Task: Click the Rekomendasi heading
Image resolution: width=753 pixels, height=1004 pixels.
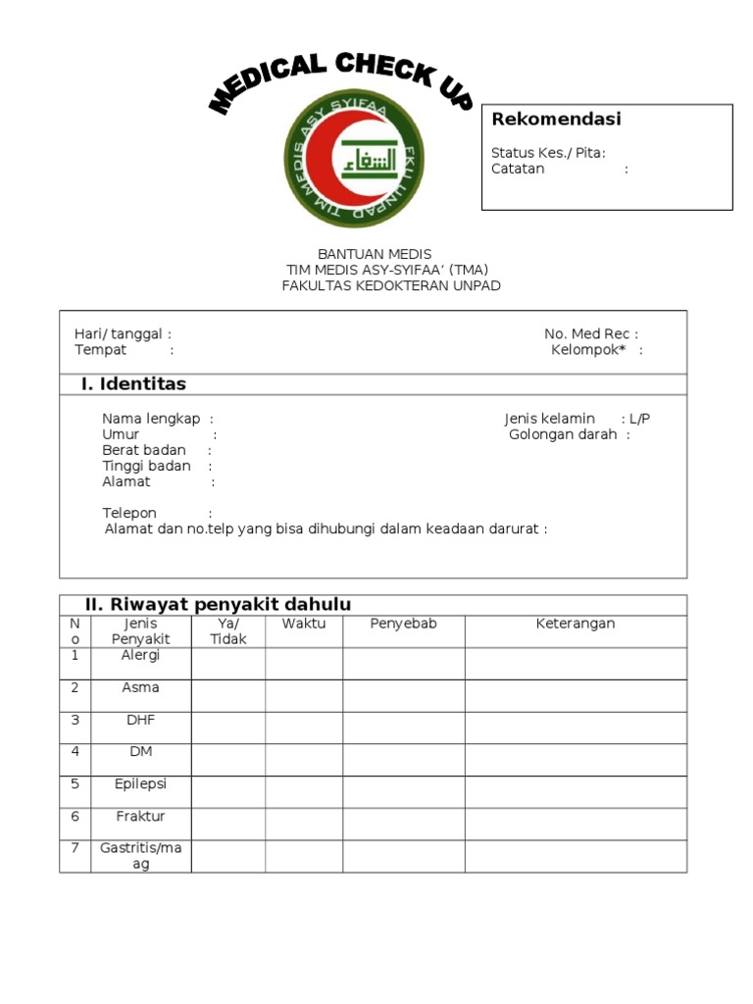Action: coord(556,120)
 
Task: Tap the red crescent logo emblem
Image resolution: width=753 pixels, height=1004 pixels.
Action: coord(354,158)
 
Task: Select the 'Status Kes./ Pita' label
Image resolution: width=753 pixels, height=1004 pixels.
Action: coord(547,152)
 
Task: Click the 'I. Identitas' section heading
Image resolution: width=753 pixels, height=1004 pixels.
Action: coord(133,383)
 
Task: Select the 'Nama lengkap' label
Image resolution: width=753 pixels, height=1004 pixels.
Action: coord(151,419)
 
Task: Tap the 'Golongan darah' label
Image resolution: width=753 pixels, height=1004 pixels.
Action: coord(563,434)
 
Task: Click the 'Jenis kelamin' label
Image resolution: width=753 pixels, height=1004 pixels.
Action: coord(550,419)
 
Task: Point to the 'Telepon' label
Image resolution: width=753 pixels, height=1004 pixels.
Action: coord(129,513)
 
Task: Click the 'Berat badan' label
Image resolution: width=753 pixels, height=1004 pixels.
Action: coord(144,450)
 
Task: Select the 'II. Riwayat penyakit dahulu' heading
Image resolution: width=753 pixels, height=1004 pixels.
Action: coord(218,604)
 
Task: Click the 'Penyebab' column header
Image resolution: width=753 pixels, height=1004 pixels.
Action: coord(403,624)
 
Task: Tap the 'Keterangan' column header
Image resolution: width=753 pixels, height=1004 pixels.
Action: coord(576,624)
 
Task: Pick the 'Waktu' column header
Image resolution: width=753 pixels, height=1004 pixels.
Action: coord(304,624)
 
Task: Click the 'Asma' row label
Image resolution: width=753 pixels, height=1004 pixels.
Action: coord(140,687)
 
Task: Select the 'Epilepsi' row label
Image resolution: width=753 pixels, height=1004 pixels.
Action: coord(140,783)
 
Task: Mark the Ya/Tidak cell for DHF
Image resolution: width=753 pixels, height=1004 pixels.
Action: coord(227,728)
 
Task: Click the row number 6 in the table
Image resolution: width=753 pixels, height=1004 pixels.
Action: coord(75,816)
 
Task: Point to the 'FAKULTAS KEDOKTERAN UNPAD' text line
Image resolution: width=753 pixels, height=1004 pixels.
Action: coord(391,285)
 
